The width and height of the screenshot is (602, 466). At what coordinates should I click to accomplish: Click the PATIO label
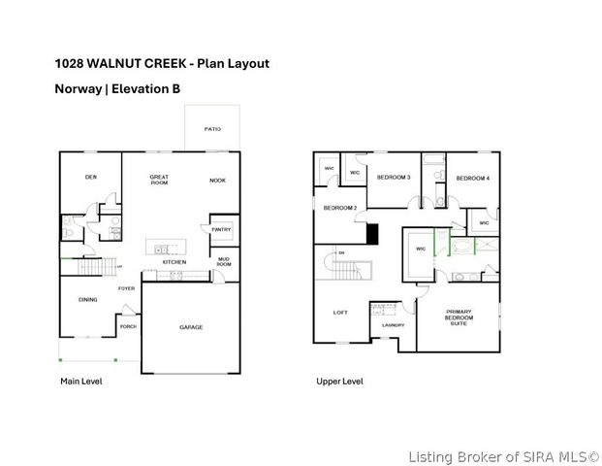point(211,128)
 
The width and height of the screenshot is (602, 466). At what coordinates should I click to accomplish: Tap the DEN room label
point(90,177)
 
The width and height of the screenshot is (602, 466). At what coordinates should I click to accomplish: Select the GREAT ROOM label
point(159,180)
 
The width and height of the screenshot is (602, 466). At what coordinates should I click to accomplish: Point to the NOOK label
point(217,181)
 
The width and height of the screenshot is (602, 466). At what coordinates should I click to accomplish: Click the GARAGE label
point(191,327)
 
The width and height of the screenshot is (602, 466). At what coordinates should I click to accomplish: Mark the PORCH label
point(128,327)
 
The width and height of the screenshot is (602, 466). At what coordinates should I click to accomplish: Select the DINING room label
point(87,300)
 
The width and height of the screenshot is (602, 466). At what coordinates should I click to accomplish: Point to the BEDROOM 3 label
point(393,178)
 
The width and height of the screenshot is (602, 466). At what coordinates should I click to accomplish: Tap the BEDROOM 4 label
point(472,178)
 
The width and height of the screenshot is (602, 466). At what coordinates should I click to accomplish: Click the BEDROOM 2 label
point(339,208)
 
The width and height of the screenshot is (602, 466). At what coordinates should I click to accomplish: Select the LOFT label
point(340,313)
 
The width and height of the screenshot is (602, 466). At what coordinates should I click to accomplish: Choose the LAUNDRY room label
point(392,325)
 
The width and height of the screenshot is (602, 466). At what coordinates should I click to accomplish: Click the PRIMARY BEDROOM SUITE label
point(459,317)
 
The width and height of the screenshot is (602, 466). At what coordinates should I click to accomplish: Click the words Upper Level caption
point(339,382)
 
